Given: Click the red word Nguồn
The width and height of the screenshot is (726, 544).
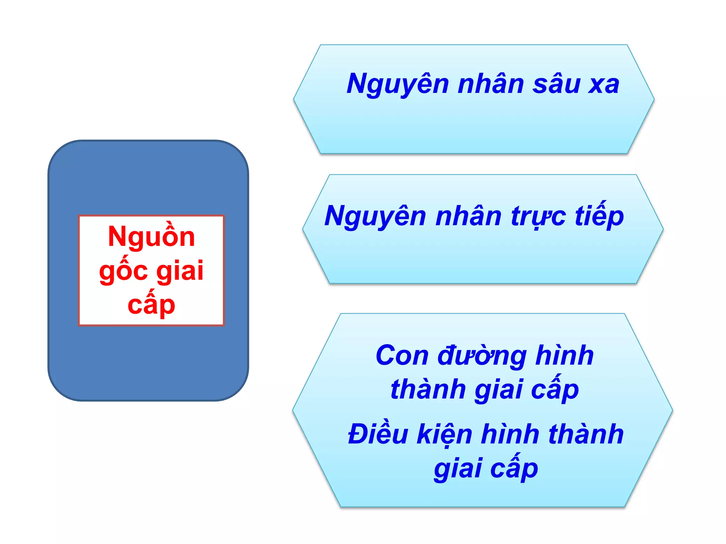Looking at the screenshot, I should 151,237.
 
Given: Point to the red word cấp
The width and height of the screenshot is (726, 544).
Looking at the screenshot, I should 151,305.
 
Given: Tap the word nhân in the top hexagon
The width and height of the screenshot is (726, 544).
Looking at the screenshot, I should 491,84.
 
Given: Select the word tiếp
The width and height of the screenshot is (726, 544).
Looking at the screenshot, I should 599,216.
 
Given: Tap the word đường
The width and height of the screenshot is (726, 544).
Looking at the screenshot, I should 482,356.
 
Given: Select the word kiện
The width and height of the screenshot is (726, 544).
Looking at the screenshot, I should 445,435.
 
